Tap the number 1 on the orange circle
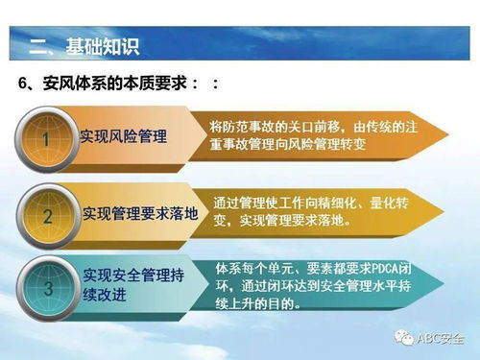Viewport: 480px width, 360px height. click(x=44, y=138)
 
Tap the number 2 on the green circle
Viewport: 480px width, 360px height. click(x=46, y=215)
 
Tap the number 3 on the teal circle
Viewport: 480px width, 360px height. click(x=46, y=286)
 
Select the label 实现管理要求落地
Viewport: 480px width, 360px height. click(x=139, y=213)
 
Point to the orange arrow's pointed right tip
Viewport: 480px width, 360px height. click(x=446, y=135)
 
